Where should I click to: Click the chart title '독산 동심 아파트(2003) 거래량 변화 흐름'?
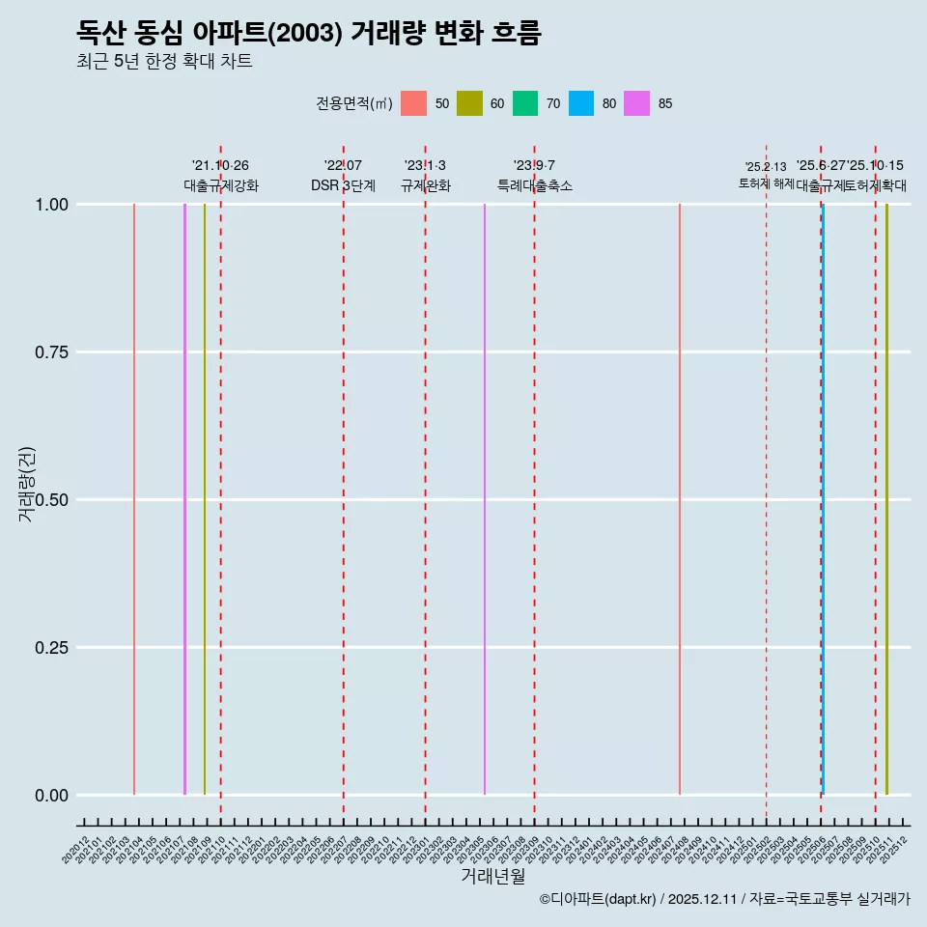tap(309, 33)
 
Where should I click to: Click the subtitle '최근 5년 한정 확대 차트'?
tap(164, 62)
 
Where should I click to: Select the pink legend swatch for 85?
tap(636, 103)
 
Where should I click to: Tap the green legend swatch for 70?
tap(525, 103)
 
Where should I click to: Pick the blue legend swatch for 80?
tap(581, 103)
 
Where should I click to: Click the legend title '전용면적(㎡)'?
tap(353, 103)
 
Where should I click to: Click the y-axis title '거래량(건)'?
tap(27, 484)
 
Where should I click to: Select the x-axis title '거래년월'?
tap(492, 877)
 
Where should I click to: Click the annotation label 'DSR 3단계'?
tap(343, 185)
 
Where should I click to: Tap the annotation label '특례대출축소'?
tap(534, 185)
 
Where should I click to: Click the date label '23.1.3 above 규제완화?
tap(425, 166)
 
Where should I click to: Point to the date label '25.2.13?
tap(766, 167)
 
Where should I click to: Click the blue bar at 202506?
tap(823, 502)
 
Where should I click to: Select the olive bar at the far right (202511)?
tap(886, 502)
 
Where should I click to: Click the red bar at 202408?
tap(680, 502)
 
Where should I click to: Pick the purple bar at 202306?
tap(485, 502)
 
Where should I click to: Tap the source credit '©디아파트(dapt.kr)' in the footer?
tap(599, 899)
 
